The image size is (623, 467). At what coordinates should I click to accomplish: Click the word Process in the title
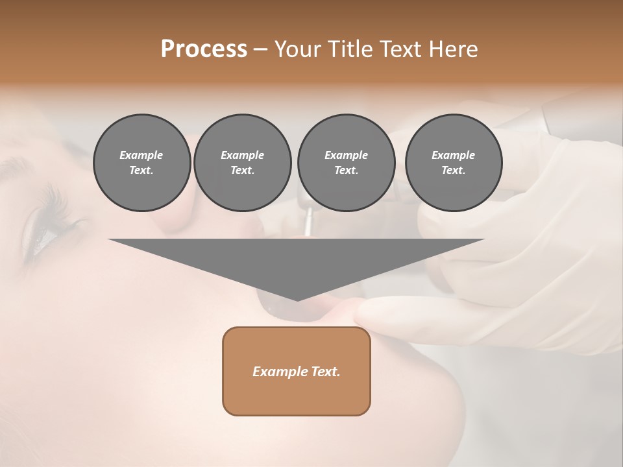click(204, 49)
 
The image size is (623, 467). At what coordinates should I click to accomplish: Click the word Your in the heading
click(299, 49)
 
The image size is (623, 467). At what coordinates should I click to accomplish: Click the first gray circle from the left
click(141, 163)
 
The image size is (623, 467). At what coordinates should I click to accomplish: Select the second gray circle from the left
click(242, 163)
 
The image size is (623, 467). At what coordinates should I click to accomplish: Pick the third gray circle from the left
click(346, 163)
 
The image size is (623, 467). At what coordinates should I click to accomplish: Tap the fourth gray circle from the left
click(453, 163)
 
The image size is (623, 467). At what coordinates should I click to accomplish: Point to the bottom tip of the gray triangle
click(297, 300)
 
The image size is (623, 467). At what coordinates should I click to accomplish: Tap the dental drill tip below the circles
click(308, 224)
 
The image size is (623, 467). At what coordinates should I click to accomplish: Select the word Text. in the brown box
click(326, 372)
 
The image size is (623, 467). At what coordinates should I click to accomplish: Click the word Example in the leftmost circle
click(141, 155)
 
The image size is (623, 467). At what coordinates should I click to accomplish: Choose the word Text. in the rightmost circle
click(453, 170)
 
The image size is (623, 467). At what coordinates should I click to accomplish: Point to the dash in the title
click(261, 49)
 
